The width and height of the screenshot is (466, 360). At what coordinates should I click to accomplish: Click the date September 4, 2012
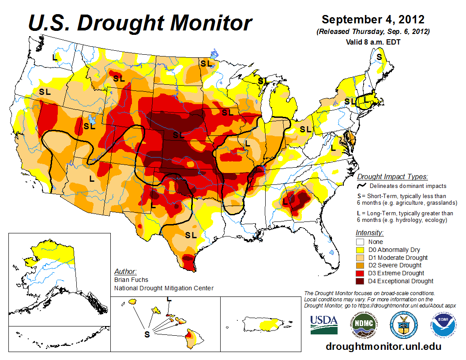pyautogui.click(x=373, y=20)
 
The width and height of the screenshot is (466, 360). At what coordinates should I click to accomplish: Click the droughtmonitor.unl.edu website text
pyautogui.click(x=383, y=346)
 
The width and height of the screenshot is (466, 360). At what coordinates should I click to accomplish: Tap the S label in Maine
pyautogui.click(x=379, y=57)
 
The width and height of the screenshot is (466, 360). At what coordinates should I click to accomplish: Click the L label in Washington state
pyautogui.click(x=55, y=57)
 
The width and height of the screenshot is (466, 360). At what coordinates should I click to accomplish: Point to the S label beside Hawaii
pyautogui.click(x=147, y=334)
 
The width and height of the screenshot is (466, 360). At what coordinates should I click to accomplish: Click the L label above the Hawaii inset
pyautogui.click(x=168, y=299)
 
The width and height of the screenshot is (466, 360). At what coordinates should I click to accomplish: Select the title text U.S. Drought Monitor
pyautogui.click(x=140, y=23)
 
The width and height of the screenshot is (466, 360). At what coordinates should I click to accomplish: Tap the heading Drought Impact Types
pyautogui.click(x=392, y=177)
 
